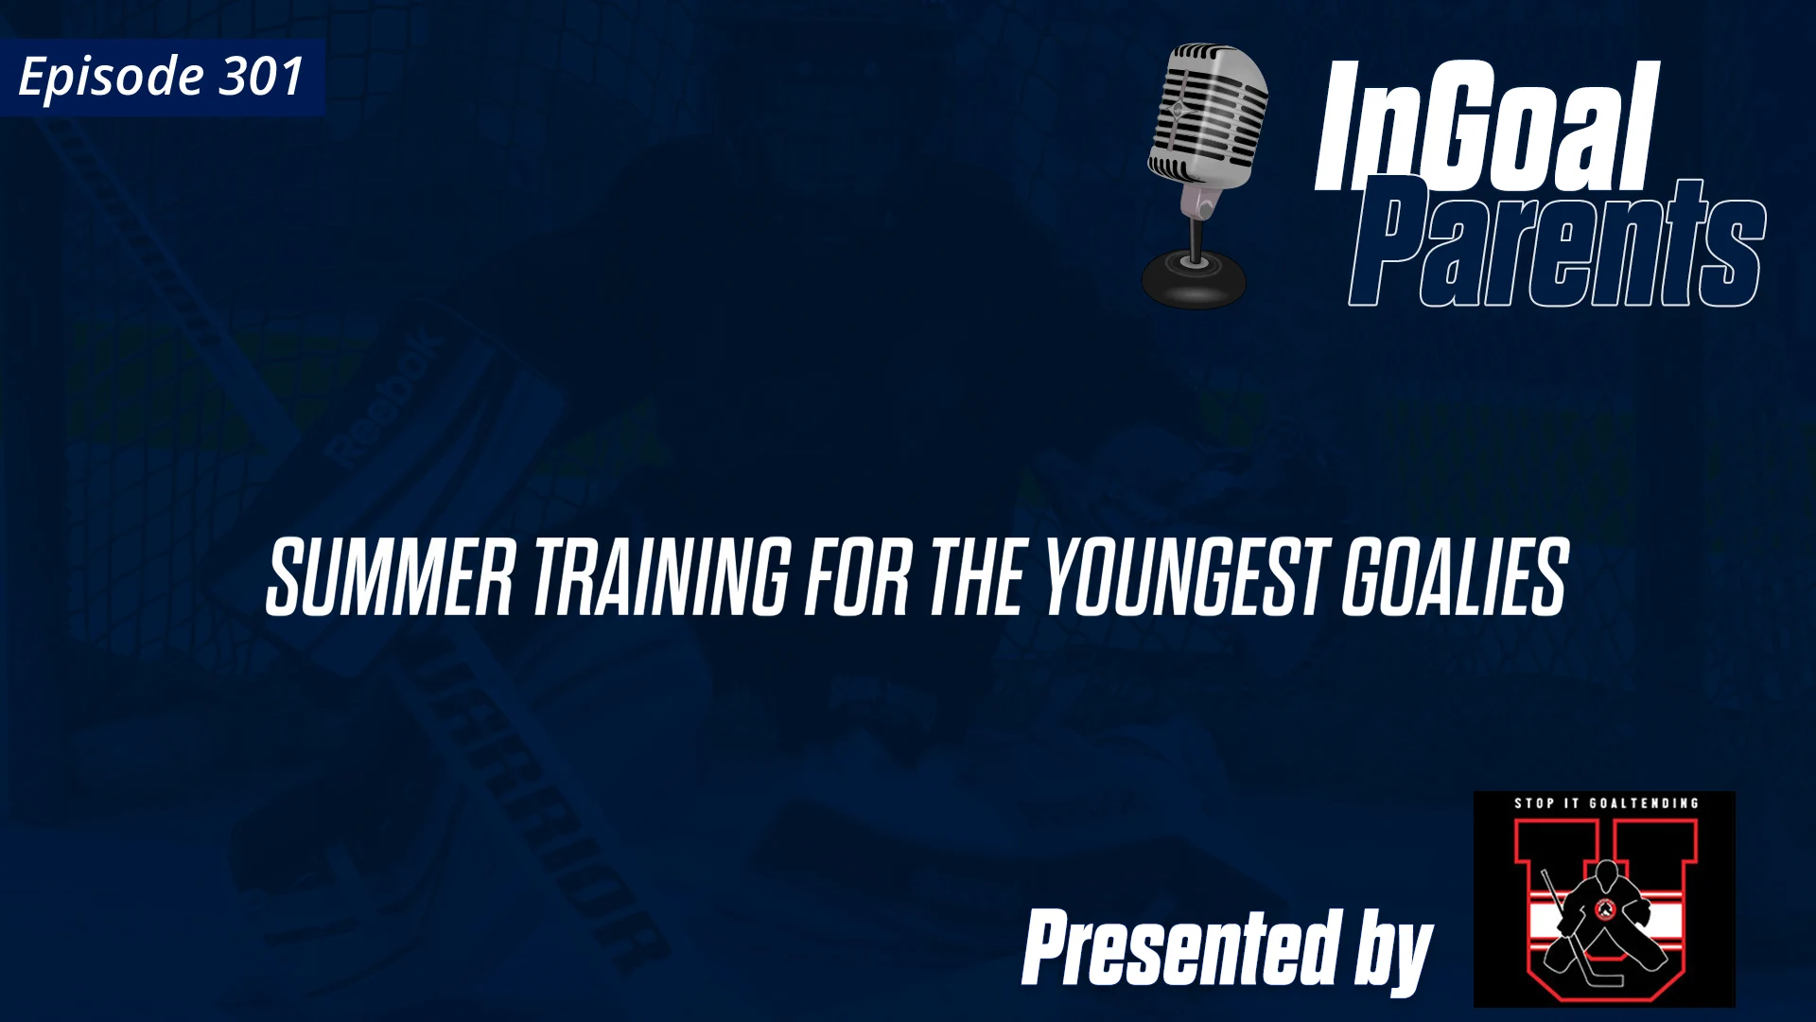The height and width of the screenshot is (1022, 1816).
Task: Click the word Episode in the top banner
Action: (111, 78)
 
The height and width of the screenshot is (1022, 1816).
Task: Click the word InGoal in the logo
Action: (1485, 128)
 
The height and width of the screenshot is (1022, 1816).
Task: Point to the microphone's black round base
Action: (1194, 278)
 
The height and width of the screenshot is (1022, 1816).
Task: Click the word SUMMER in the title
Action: (390, 576)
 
